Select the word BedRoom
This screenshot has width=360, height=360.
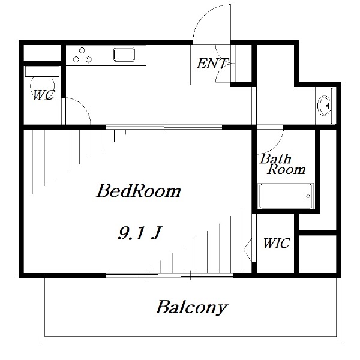(139, 192)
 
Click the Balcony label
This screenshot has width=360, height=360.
(191, 308)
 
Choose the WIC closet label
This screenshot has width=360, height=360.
(277, 244)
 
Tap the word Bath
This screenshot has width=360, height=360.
(275, 159)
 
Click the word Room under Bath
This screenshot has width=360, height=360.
(286, 170)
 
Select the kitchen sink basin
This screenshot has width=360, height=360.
(125, 55)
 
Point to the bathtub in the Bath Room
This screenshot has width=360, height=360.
(285, 196)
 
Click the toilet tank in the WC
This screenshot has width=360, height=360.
(42, 70)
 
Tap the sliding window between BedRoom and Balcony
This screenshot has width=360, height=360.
(169, 275)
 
